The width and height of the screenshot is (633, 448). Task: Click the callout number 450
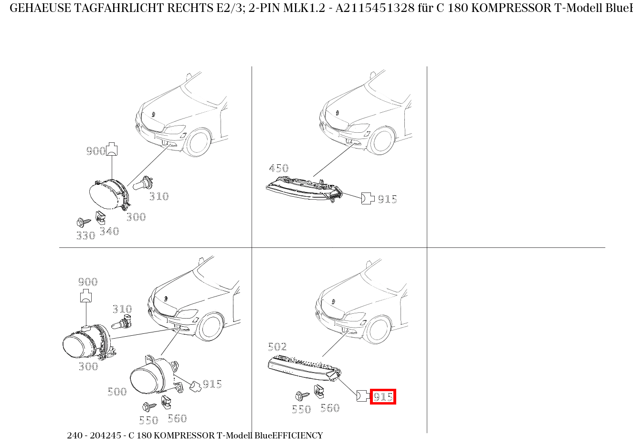(x=279, y=168)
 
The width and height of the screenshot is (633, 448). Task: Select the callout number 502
(x=277, y=347)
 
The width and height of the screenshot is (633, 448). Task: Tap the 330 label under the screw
(x=86, y=235)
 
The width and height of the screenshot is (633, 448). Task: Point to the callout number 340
(x=109, y=231)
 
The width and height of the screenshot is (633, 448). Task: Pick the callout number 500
(x=117, y=392)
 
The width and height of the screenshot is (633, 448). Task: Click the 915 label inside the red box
(x=383, y=397)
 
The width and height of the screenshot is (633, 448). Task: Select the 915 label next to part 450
(x=387, y=199)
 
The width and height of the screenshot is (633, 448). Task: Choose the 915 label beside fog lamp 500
(x=212, y=384)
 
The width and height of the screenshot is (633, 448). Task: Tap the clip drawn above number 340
(x=100, y=217)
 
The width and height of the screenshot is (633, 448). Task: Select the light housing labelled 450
(x=304, y=188)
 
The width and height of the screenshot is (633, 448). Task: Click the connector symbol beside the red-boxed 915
(x=362, y=395)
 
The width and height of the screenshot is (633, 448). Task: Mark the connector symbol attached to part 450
(x=367, y=198)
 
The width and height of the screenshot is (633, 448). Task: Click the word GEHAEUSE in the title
(x=40, y=8)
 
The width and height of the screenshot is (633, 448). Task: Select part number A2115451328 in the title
(x=375, y=8)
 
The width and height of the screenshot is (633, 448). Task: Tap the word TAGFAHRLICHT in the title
(x=114, y=8)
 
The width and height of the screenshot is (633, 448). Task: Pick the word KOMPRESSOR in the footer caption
(x=184, y=436)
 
